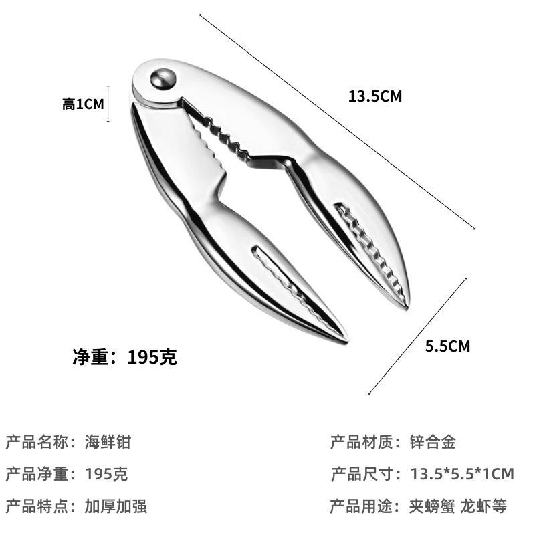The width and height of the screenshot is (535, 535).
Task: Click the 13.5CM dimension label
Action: (374, 96)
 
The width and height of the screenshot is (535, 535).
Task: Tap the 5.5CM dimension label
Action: (447, 346)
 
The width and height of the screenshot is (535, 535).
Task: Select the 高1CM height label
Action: (83, 104)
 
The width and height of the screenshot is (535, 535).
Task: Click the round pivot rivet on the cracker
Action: (162, 78)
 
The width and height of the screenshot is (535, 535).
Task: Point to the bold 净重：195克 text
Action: (124, 357)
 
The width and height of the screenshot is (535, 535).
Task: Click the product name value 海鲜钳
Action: (108, 441)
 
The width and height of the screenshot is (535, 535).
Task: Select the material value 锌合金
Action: (433, 441)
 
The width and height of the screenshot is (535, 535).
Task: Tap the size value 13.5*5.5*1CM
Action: (462, 474)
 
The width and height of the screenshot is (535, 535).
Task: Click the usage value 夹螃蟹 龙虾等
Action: (458, 506)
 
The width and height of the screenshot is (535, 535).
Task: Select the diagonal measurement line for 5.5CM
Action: (417, 336)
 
